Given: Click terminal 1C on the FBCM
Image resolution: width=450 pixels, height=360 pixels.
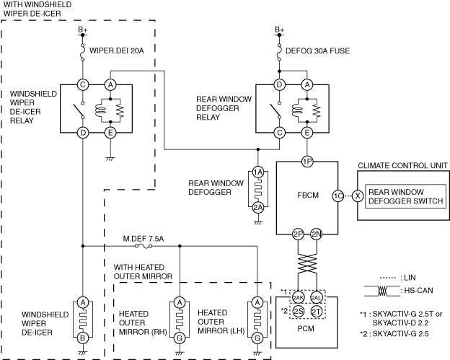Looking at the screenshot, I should click(337, 196).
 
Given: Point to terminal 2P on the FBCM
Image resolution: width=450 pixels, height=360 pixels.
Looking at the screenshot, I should click(298, 234).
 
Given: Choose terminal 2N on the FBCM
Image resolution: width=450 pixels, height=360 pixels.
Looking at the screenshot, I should click(317, 234).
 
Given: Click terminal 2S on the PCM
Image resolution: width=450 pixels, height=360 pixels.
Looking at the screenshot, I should click(298, 311).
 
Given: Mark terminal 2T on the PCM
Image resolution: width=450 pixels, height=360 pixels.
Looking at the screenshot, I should click(317, 311).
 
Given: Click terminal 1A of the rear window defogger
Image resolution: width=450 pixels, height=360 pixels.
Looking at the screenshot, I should click(258, 172).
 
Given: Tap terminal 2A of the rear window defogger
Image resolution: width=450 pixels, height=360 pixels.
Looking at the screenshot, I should click(258, 208).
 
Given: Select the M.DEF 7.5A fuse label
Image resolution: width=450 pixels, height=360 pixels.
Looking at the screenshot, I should click(143, 237).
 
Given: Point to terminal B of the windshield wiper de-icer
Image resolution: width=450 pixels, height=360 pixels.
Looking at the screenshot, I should click(83, 337).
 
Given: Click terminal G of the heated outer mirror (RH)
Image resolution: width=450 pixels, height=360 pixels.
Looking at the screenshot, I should click(179, 337).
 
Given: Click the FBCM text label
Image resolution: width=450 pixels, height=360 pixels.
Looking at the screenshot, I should click(306, 196).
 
